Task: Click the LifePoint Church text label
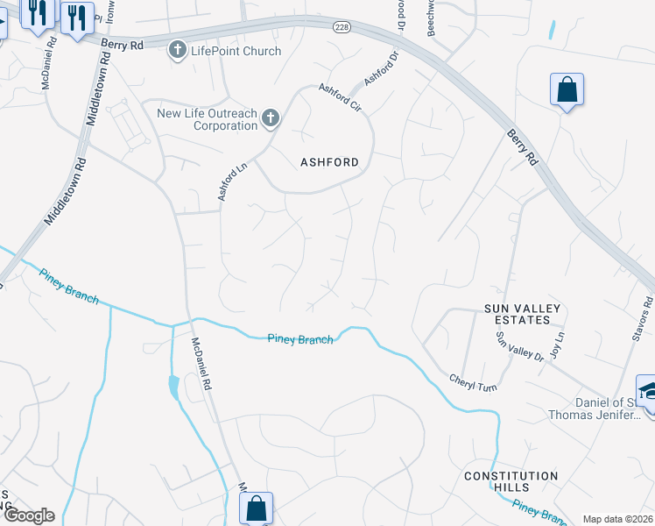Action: [x=236, y=51]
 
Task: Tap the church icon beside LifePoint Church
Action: [x=179, y=50]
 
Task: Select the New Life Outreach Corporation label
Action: [x=208, y=119]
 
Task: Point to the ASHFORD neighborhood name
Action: [x=329, y=162]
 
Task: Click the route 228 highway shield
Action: [x=342, y=28]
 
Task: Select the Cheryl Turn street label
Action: [x=473, y=382]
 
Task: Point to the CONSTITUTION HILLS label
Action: [x=511, y=481]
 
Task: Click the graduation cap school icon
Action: [x=647, y=389]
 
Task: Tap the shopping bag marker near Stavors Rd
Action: [x=567, y=89]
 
